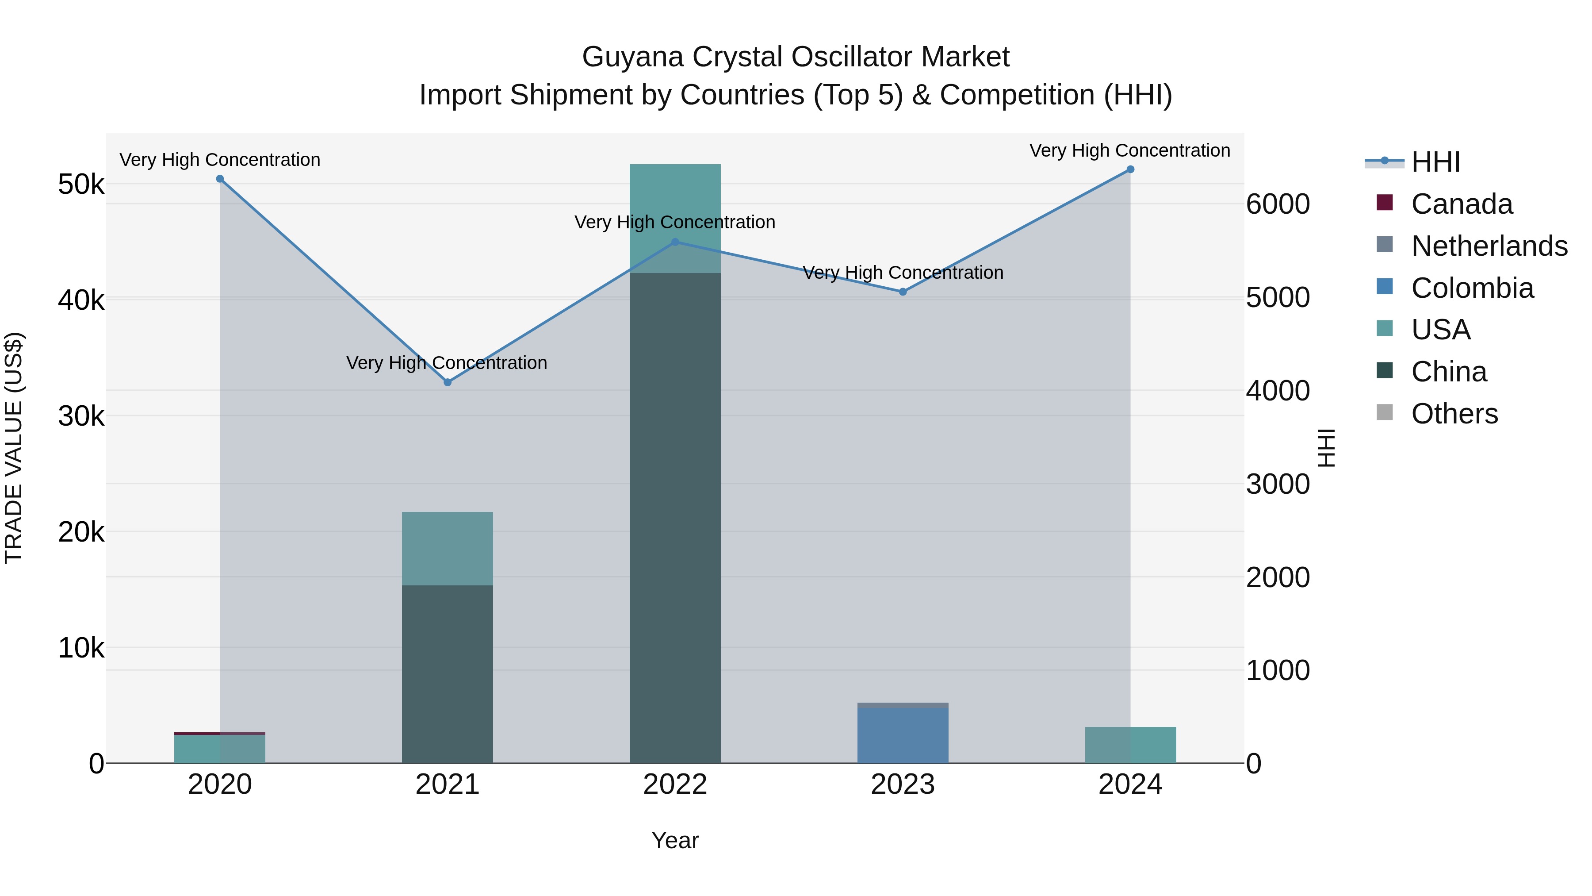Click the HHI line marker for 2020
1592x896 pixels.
click(x=220, y=179)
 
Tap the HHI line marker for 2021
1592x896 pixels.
click(x=448, y=382)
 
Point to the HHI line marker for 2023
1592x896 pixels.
click(x=903, y=292)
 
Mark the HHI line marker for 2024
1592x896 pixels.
click(x=1130, y=169)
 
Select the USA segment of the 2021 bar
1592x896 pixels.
click(x=448, y=549)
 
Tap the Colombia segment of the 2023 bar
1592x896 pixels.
click(x=903, y=736)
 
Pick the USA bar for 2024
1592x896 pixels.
click(x=1130, y=745)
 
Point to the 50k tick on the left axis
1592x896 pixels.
click(x=81, y=184)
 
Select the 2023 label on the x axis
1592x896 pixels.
click(x=903, y=784)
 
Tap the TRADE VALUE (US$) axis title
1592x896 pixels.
click(x=14, y=448)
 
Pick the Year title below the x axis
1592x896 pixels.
click(x=675, y=840)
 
